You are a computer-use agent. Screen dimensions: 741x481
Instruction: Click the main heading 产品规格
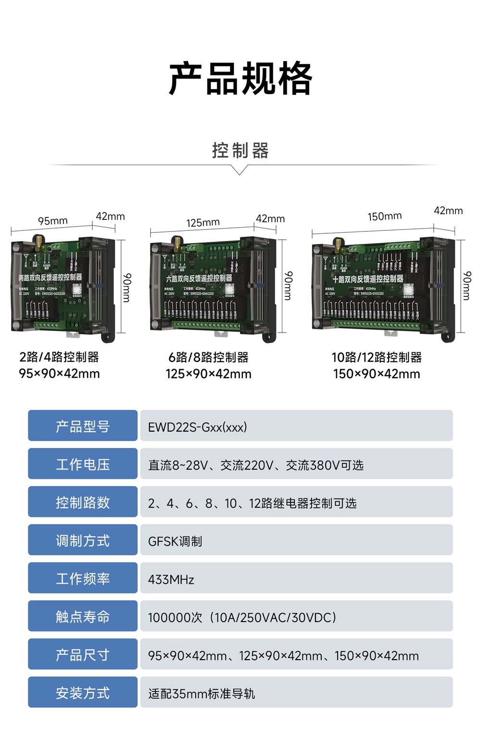(x=240, y=78)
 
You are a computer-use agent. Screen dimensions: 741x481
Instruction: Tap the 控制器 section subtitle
(x=240, y=151)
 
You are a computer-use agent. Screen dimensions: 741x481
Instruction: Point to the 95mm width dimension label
(x=53, y=221)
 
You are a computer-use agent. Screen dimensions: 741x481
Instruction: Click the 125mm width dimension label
(x=203, y=222)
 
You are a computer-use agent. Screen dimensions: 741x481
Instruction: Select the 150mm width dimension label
(x=385, y=216)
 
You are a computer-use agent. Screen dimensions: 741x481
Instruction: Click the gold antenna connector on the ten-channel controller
(x=338, y=243)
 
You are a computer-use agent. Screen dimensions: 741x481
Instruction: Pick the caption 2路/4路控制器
(x=59, y=357)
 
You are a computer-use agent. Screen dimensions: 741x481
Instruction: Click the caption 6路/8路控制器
(x=208, y=358)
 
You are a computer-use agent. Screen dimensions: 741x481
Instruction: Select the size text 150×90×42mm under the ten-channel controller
(x=377, y=374)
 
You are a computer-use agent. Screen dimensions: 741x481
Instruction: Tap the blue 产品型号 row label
(x=83, y=426)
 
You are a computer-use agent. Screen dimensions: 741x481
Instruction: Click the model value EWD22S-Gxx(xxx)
(x=197, y=427)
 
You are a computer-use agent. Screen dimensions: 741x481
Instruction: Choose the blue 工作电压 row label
(x=83, y=464)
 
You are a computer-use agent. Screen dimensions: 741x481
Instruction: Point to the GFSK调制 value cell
(x=175, y=541)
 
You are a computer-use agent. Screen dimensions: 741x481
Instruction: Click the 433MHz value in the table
(x=171, y=579)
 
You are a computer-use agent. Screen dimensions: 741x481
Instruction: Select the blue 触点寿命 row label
(x=83, y=616)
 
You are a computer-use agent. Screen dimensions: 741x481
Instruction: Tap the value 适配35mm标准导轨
(x=202, y=693)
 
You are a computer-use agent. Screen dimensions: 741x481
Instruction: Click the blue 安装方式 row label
(x=83, y=692)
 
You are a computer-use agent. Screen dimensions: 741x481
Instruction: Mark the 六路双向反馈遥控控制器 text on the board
(x=199, y=278)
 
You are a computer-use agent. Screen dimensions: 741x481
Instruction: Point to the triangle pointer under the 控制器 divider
(x=240, y=170)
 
